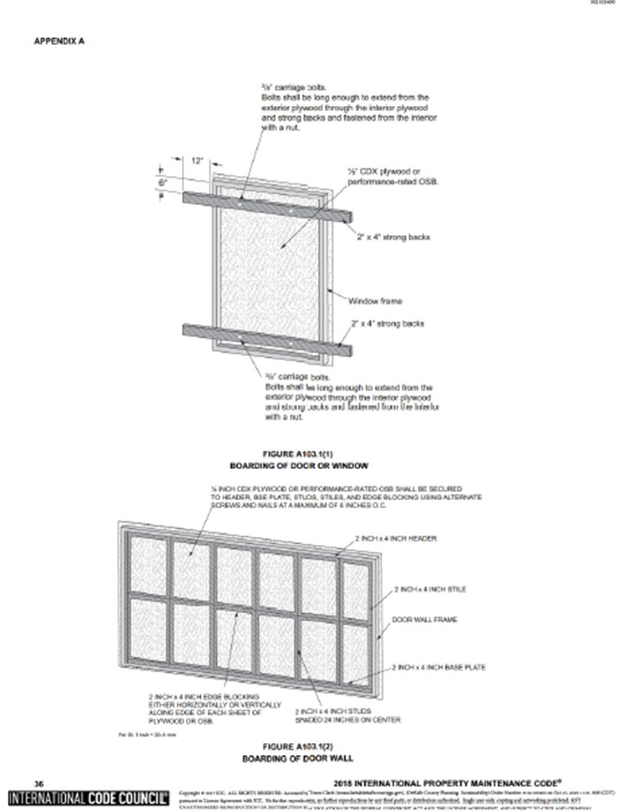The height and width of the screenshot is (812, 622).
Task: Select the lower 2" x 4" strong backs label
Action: click(386, 324)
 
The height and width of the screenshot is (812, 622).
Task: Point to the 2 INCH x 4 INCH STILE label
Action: click(430, 590)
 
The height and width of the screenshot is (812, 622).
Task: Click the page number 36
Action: click(37, 784)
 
